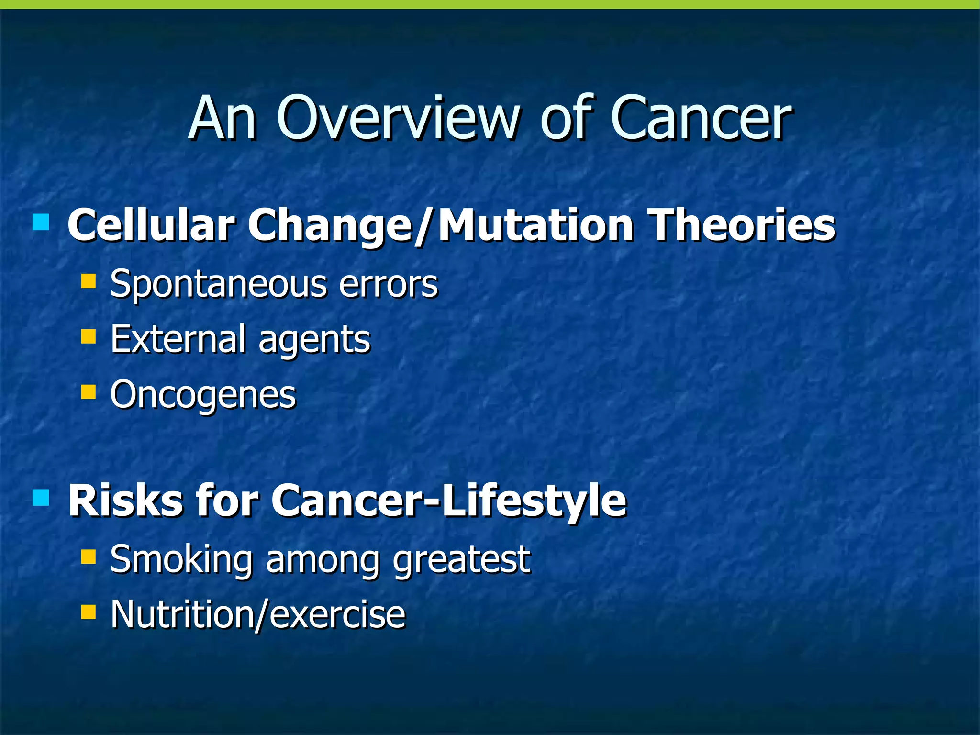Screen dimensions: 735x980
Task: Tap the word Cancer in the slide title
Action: point(701,118)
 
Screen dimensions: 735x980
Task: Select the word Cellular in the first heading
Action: point(151,225)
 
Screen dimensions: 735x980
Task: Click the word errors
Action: point(388,284)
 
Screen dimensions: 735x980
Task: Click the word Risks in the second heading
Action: point(125,501)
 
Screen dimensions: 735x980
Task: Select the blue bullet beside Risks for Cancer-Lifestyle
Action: point(41,498)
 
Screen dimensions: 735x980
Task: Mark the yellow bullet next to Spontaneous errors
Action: point(89,280)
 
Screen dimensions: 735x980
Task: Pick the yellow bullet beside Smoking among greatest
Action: point(89,557)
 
